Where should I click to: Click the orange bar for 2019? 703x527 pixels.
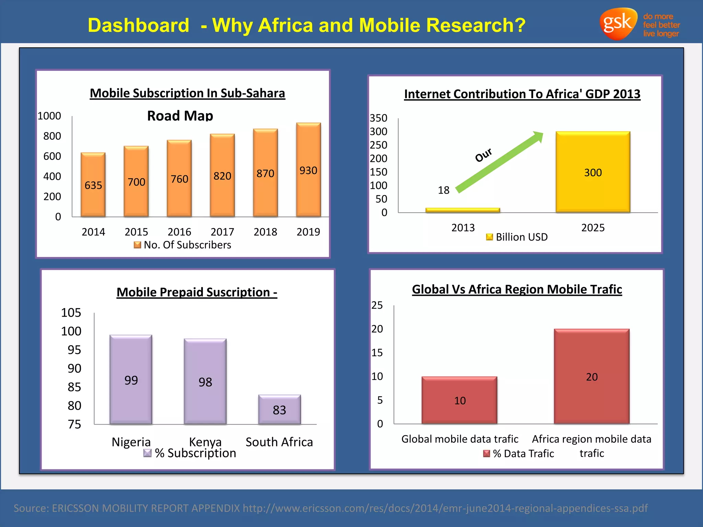click(x=308, y=170)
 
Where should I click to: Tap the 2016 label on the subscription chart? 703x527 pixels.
click(x=179, y=232)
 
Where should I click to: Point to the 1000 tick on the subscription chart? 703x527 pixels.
click(x=49, y=116)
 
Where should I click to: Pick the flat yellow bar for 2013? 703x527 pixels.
click(x=462, y=210)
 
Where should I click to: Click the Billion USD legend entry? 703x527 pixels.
click(x=517, y=237)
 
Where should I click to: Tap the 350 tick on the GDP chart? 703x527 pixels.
click(x=378, y=118)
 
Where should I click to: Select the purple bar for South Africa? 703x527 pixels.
click(x=279, y=410)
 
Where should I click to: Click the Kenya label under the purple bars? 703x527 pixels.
click(x=205, y=442)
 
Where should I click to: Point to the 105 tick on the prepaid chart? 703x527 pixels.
click(x=71, y=313)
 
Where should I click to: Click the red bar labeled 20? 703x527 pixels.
click(x=591, y=376)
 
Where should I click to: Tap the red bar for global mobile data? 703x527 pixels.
click(x=459, y=400)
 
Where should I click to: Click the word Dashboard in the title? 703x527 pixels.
click(x=138, y=25)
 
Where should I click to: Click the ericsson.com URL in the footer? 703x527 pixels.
click(x=445, y=508)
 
